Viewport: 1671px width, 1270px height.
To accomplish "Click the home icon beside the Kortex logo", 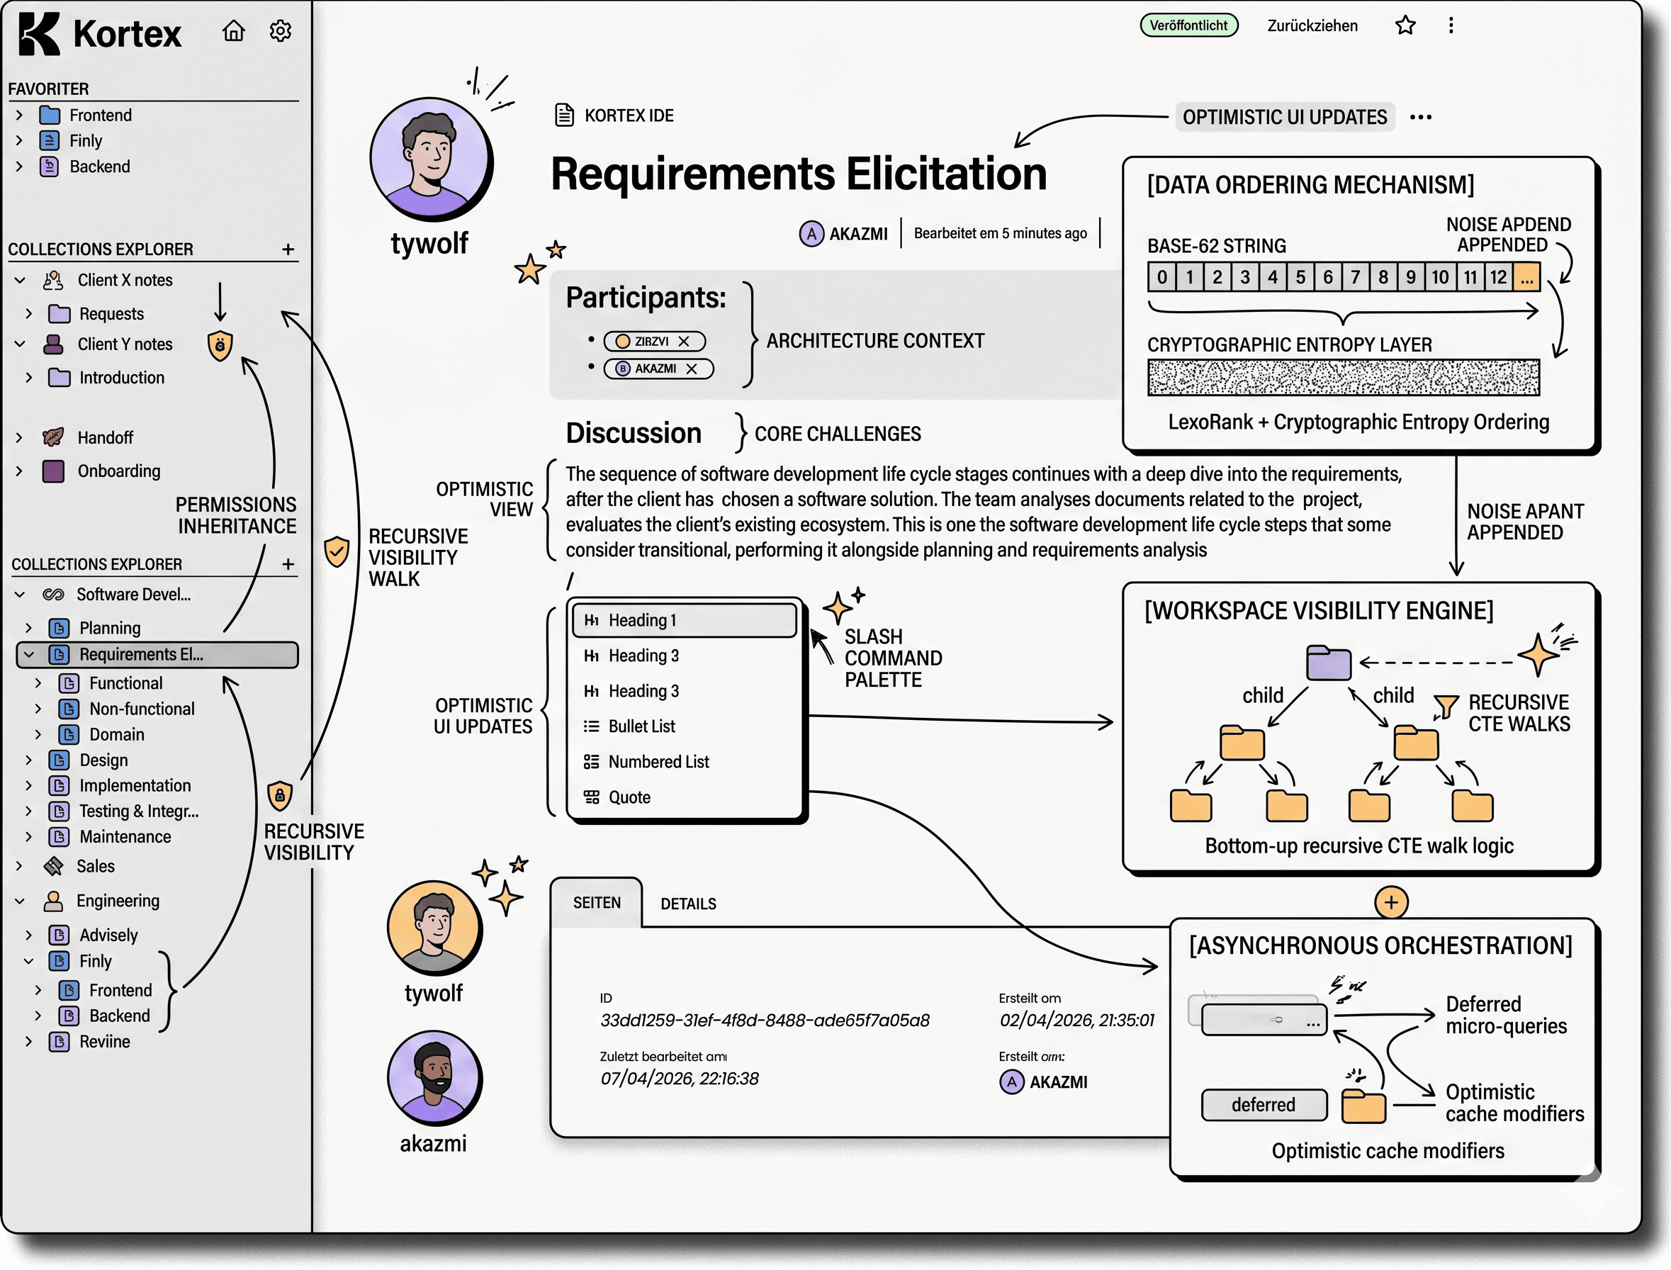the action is [x=234, y=30].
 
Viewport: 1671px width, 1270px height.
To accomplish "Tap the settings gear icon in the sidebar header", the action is [x=281, y=30].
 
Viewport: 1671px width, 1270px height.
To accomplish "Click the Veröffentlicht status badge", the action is [x=1188, y=25].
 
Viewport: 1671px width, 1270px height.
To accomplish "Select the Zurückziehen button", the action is [x=1312, y=26].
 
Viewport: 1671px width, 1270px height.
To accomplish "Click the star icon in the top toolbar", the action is [x=1405, y=25].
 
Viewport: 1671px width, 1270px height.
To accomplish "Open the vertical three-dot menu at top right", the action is [x=1451, y=25].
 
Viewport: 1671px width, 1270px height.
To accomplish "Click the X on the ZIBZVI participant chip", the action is [x=683, y=341].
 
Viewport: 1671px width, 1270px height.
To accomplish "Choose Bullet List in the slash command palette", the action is [x=641, y=726].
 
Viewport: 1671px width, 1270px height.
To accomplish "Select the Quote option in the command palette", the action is [x=629, y=797].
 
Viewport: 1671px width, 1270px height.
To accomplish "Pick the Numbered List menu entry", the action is [x=658, y=761].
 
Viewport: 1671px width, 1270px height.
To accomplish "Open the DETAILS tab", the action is [x=688, y=904].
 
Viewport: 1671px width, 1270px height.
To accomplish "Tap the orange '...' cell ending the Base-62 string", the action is [x=1526, y=276].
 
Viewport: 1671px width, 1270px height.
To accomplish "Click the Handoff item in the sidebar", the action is [x=105, y=437].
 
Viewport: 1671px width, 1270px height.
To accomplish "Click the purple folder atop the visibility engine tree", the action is [x=1328, y=663].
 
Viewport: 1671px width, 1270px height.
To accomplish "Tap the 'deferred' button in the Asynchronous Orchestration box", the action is [x=1264, y=1104].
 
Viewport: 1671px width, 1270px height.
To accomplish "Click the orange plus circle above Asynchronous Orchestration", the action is [x=1390, y=902].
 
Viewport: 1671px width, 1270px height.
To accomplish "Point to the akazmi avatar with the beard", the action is [x=434, y=1077].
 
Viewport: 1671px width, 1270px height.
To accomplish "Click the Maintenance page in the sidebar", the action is [x=125, y=836].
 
